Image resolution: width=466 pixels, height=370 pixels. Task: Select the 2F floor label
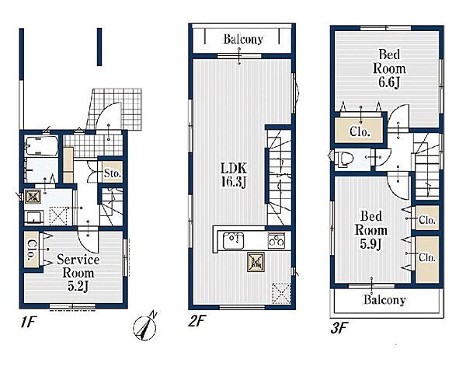pyautogui.click(x=196, y=321)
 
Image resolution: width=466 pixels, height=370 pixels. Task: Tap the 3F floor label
pyautogui.click(x=339, y=328)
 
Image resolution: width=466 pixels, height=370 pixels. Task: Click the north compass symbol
pyautogui.click(x=145, y=327)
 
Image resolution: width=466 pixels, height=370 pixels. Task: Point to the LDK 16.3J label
pyautogui.click(x=234, y=176)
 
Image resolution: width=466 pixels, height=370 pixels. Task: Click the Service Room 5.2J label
pyautogui.click(x=78, y=273)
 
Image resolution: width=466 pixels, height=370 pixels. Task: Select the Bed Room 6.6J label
pyautogui.click(x=389, y=68)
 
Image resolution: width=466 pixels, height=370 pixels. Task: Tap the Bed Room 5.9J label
pyautogui.click(x=371, y=230)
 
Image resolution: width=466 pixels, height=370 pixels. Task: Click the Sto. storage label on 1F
pyautogui.click(x=113, y=173)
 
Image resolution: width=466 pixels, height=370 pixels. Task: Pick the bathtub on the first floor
pyautogui.click(x=41, y=145)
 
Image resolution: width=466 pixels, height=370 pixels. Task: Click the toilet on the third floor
pyautogui.click(x=344, y=157)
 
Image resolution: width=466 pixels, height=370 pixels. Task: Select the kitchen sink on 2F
pyautogui.click(x=234, y=240)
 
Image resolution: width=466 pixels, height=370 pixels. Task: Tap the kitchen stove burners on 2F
pyautogui.click(x=276, y=239)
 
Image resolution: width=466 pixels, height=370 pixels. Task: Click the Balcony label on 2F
pyautogui.click(x=243, y=40)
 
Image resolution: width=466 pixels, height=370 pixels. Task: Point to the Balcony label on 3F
pyautogui.click(x=384, y=300)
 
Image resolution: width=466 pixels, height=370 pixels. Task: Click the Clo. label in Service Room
pyautogui.click(x=31, y=250)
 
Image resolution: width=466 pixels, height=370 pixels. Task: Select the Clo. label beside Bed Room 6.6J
pyautogui.click(x=360, y=131)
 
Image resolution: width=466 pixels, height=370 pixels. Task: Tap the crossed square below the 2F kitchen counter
pyautogui.click(x=256, y=262)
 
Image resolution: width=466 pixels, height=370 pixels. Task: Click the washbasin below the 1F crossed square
pyautogui.click(x=33, y=217)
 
